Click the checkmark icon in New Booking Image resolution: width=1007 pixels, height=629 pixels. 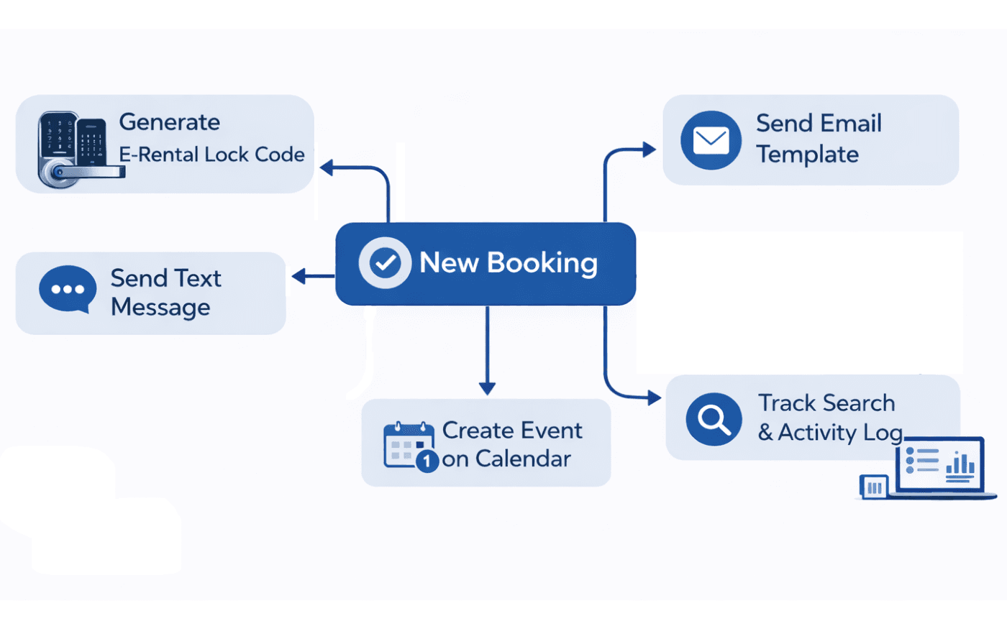[x=386, y=263]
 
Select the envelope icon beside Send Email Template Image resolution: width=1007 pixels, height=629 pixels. [x=711, y=140]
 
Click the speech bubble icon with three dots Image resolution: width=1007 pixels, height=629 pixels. [x=68, y=289]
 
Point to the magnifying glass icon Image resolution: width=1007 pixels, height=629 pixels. [x=714, y=418]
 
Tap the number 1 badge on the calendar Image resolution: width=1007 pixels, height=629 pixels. [x=427, y=461]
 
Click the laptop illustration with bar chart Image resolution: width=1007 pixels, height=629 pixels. [x=939, y=467]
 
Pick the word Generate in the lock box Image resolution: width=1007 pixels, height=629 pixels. [x=169, y=122]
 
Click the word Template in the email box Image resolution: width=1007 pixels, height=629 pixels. [x=807, y=155]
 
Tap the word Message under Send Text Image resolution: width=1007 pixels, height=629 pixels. [x=160, y=308]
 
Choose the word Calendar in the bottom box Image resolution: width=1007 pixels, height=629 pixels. [x=523, y=459]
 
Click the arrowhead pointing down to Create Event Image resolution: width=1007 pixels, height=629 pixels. [x=487, y=388]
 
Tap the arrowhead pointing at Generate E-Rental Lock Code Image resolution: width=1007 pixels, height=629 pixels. [x=327, y=168]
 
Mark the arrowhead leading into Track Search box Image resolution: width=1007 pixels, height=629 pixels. [x=654, y=398]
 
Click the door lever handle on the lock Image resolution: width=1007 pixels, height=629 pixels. [x=90, y=173]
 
